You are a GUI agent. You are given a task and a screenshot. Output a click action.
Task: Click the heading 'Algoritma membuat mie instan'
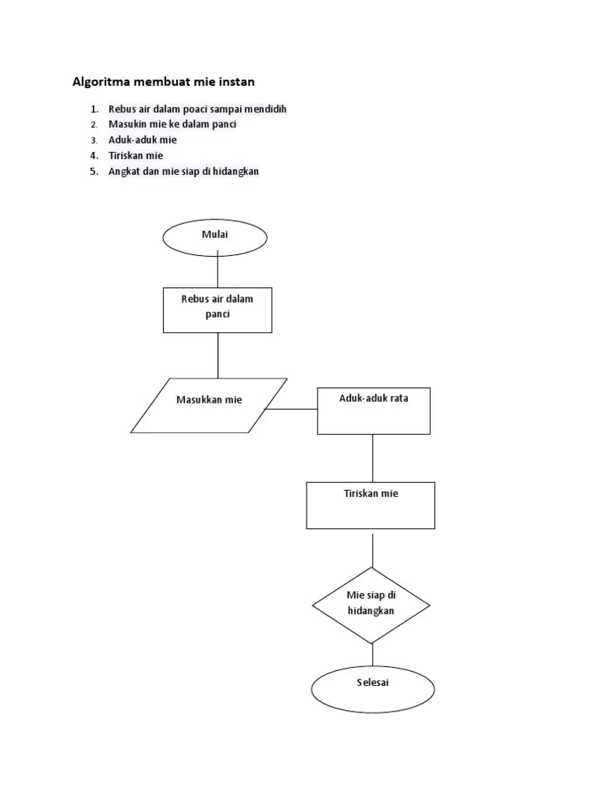pos(164,81)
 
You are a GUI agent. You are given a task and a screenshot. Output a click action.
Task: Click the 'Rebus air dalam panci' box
pos(218,310)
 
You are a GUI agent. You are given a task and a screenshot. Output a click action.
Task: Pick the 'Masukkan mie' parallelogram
pos(209,405)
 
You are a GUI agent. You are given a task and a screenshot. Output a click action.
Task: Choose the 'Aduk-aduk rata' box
pos(373,410)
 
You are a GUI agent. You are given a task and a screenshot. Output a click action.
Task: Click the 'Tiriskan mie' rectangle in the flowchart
pos(370,505)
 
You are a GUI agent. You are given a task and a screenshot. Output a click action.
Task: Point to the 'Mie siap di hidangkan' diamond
pos(371,604)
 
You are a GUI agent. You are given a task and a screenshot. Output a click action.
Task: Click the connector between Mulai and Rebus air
pos(218,272)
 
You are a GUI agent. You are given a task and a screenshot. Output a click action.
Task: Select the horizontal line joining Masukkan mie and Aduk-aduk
pos(292,409)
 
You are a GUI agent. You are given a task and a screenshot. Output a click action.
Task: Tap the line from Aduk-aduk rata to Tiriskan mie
pos(373,458)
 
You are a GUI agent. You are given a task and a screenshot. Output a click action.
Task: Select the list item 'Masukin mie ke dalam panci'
pos(172,125)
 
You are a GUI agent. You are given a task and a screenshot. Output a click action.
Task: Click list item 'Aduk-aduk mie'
pos(143,140)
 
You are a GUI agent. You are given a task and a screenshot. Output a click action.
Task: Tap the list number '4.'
pos(94,156)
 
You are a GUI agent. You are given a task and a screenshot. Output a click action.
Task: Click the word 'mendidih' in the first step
pos(267,109)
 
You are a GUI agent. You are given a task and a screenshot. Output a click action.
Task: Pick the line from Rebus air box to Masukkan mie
pos(218,355)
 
